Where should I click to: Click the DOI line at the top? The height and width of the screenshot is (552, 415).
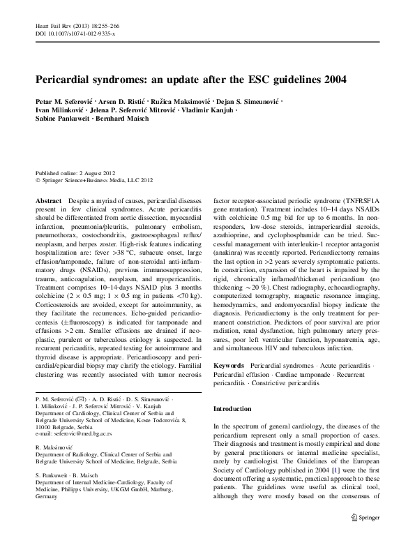(x=75, y=33)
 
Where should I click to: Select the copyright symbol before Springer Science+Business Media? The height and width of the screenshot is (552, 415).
(x=38, y=180)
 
